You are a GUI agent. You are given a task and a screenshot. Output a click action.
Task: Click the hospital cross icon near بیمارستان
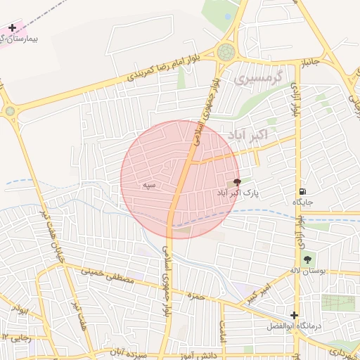tap(12, 28)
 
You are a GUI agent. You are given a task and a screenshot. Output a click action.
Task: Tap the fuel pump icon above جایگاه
tap(302, 191)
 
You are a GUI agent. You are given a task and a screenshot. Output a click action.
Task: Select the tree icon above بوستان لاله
tap(308, 259)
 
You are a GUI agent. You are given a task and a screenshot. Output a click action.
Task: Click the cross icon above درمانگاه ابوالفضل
tap(294, 315)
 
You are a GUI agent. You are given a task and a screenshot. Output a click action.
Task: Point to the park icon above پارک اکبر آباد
tap(236, 181)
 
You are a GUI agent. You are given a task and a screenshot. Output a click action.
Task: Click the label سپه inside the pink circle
tap(148, 184)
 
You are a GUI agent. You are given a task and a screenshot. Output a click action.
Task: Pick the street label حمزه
tap(196, 296)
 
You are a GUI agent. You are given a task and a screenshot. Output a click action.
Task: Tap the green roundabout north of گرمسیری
tap(226, 51)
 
